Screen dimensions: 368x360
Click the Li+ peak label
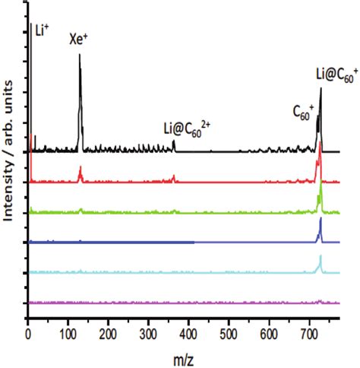[x=43, y=31]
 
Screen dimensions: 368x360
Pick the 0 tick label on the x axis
[x=28, y=332]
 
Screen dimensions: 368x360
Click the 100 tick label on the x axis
[x=69, y=332]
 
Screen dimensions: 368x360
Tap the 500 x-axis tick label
[x=229, y=332]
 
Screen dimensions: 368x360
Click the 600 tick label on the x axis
[x=270, y=332]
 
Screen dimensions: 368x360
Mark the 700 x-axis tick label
[x=310, y=332]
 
